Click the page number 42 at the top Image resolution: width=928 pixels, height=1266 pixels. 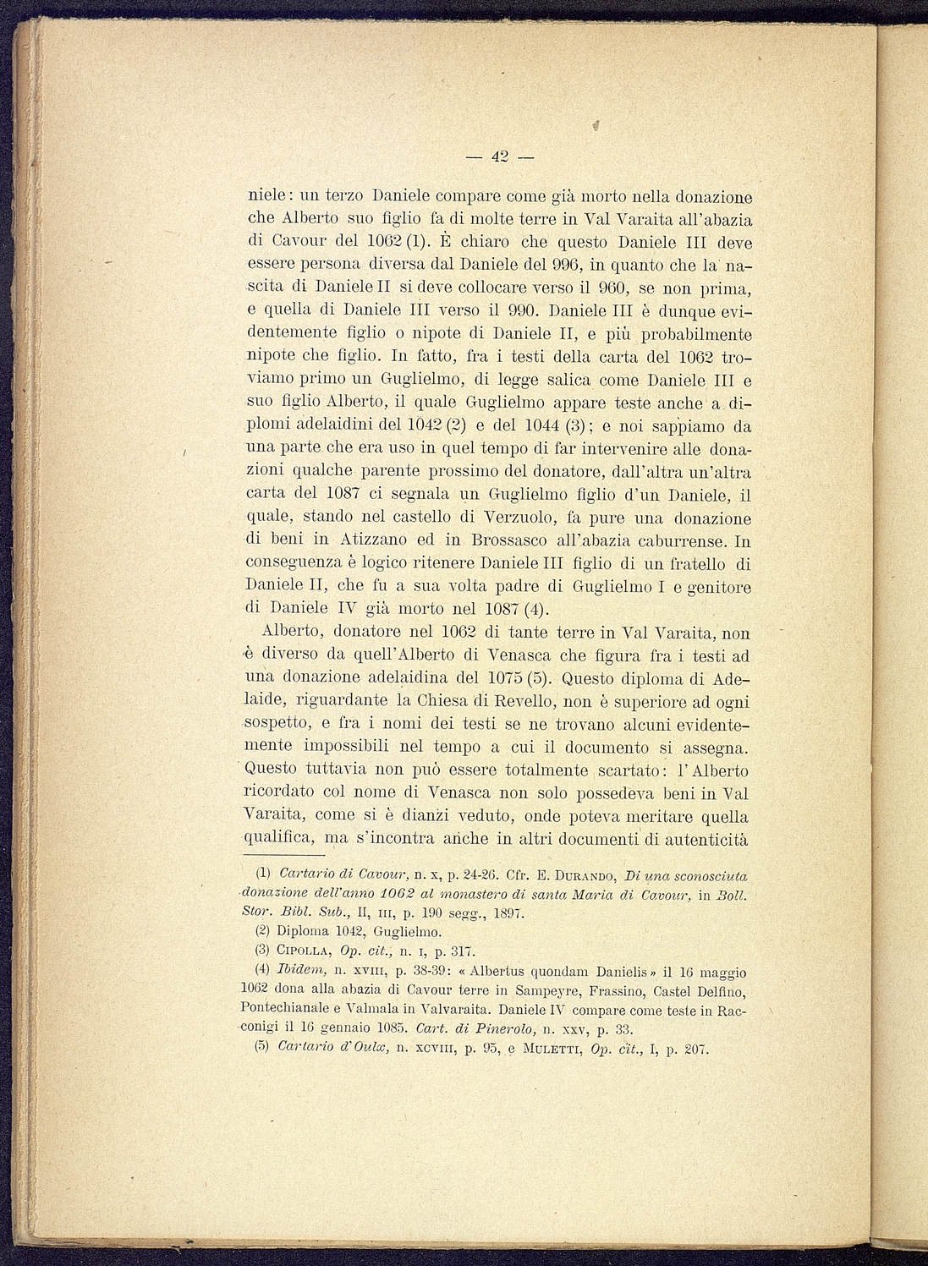tap(499, 156)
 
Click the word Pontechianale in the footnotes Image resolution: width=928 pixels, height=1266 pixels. tap(283, 1010)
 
